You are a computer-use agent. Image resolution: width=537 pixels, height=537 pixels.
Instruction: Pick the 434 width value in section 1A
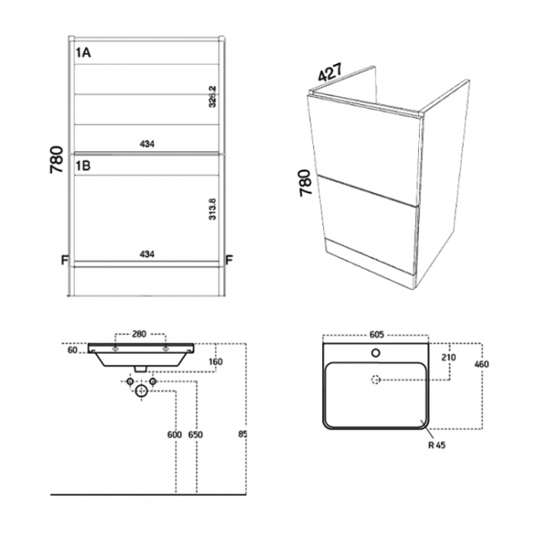[147, 144]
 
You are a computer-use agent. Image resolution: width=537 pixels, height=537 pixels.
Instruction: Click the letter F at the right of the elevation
[231, 260]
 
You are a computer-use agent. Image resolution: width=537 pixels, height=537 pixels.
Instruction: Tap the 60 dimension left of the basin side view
[74, 350]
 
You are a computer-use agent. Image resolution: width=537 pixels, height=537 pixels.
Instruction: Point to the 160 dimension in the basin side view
[215, 361]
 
